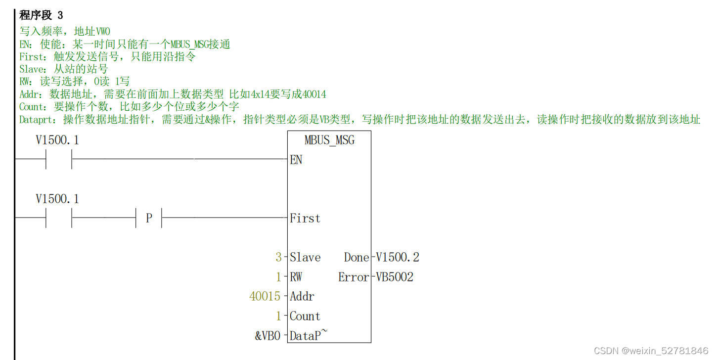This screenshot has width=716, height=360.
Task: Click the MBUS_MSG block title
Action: [x=329, y=140]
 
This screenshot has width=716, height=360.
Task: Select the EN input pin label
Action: [x=296, y=160]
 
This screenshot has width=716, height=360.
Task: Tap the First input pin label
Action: [x=305, y=218]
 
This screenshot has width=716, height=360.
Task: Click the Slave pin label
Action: [x=305, y=257]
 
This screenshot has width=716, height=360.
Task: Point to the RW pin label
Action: [x=296, y=277]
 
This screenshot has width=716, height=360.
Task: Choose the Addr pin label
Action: [x=302, y=297]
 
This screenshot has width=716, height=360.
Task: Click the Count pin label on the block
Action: [x=305, y=316]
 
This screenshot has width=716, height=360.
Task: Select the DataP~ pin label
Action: [x=308, y=336]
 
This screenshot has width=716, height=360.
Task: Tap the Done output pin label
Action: [x=357, y=257]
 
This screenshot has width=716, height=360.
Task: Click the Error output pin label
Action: [x=354, y=277]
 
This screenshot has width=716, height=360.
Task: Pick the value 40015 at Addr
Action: [x=265, y=297]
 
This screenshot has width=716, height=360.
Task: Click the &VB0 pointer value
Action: [x=268, y=336]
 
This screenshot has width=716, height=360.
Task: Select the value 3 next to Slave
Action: [x=278, y=257]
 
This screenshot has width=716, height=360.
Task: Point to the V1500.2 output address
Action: [x=398, y=257]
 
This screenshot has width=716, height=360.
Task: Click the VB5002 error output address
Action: [x=395, y=277]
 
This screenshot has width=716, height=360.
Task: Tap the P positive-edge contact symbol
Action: [x=149, y=218]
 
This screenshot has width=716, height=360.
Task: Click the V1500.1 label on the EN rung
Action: [x=57, y=140]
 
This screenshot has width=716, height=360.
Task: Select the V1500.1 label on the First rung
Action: [x=57, y=199]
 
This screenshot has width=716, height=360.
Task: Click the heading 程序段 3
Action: [x=41, y=15]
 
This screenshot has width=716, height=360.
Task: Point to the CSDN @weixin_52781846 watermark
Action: [x=651, y=351]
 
